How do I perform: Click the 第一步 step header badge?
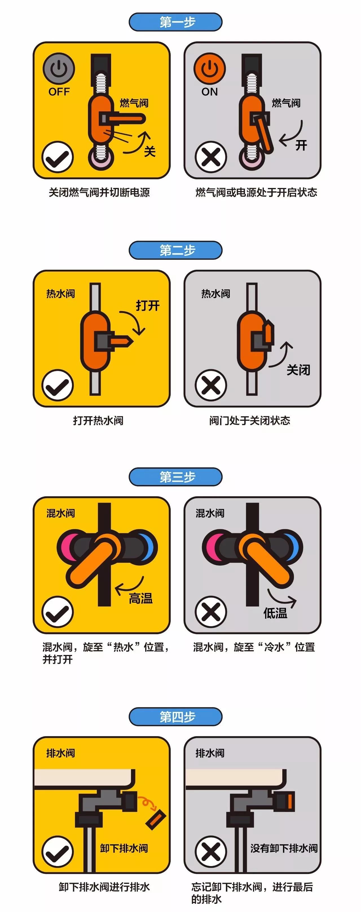pos(176,22)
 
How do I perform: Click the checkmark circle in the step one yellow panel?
pos(57,157)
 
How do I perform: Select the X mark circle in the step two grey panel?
pos(211,386)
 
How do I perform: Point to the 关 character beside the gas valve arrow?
pos(150,152)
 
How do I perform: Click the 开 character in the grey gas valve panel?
pos(301,145)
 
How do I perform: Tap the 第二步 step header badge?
pos(176,250)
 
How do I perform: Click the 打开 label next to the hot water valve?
pos(148,305)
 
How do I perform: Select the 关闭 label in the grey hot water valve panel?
pos(298,370)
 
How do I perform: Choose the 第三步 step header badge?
pos(176,477)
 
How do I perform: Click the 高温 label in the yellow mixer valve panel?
pos(141,598)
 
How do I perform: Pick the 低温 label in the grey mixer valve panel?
pos(275,613)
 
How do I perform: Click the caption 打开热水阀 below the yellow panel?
pos(98,420)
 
